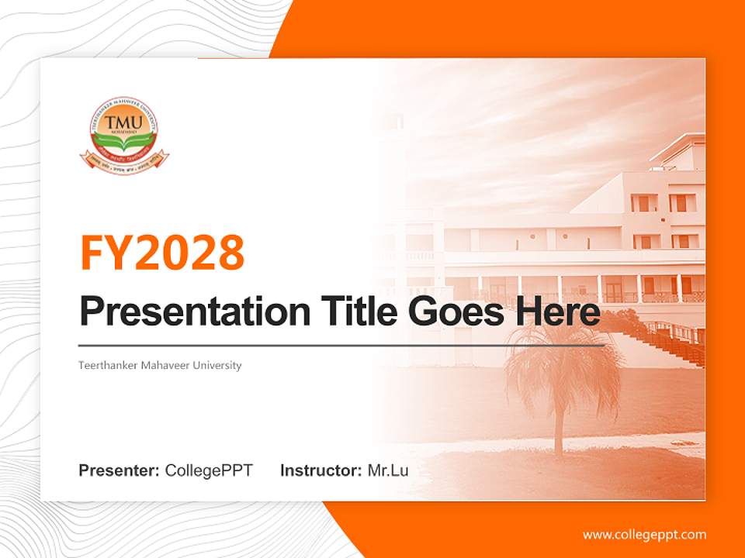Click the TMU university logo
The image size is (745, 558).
(x=124, y=136)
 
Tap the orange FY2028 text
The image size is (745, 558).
(x=162, y=252)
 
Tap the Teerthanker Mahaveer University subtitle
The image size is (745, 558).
(x=160, y=365)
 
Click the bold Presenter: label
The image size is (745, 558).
(x=120, y=470)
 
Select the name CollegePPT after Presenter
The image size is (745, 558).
(x=209, y=470)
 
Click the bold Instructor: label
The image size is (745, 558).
(x=321, y=470)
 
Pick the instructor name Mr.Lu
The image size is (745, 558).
(x=388, y=470)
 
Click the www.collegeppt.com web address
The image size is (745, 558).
(x=644, y=534)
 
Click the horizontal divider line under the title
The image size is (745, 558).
(x=341, y=346)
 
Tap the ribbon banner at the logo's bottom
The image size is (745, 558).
(x=124, y=160)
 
